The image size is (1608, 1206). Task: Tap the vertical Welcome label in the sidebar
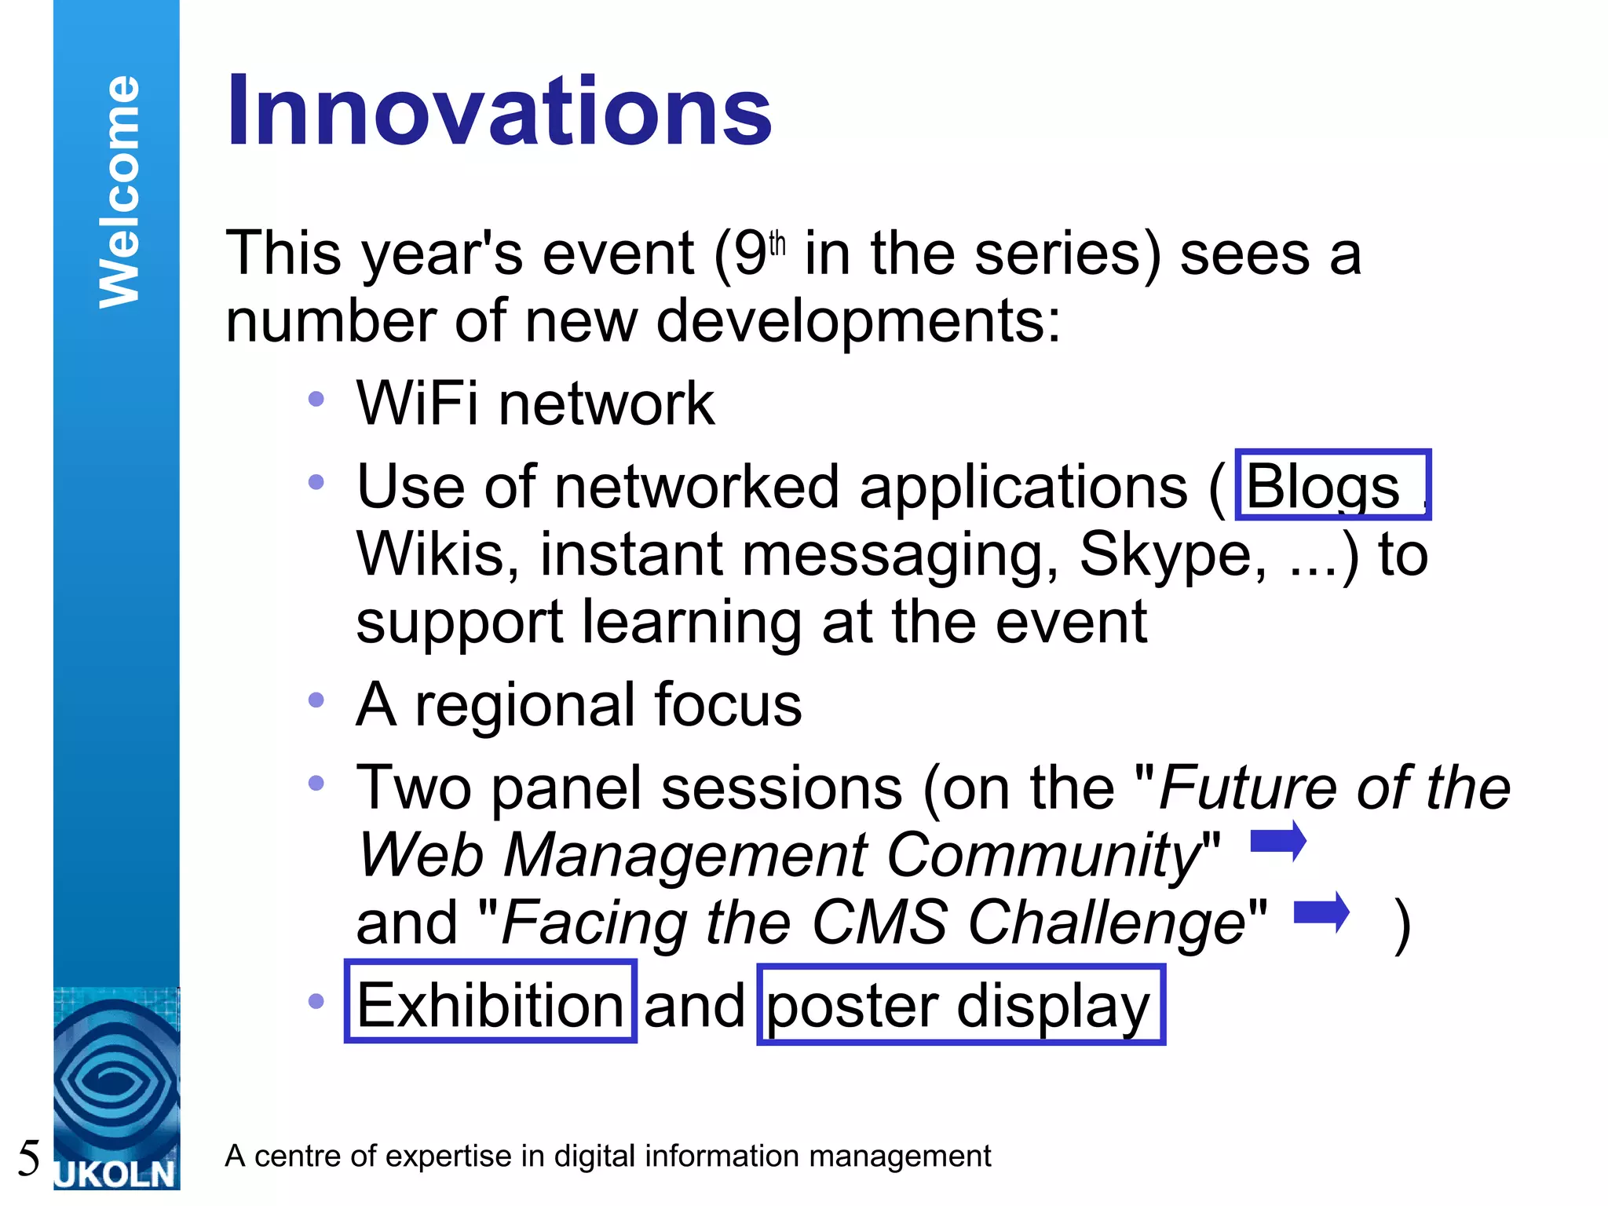point(119,192)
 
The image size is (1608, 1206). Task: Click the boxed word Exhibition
point(490,1005)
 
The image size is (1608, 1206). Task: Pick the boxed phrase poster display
point(959,1006)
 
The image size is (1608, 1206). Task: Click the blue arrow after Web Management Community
point(1278,842)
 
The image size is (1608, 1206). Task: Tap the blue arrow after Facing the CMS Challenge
point(1321,912)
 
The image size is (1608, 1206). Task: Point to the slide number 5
point(28,1158)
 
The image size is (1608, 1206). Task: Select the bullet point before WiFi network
point(316,399)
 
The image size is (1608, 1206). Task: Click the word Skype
point(1172,554)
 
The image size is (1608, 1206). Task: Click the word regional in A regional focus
point(524,704)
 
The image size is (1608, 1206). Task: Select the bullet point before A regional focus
point(316,700)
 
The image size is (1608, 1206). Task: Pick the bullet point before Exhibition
point(316,1001)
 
